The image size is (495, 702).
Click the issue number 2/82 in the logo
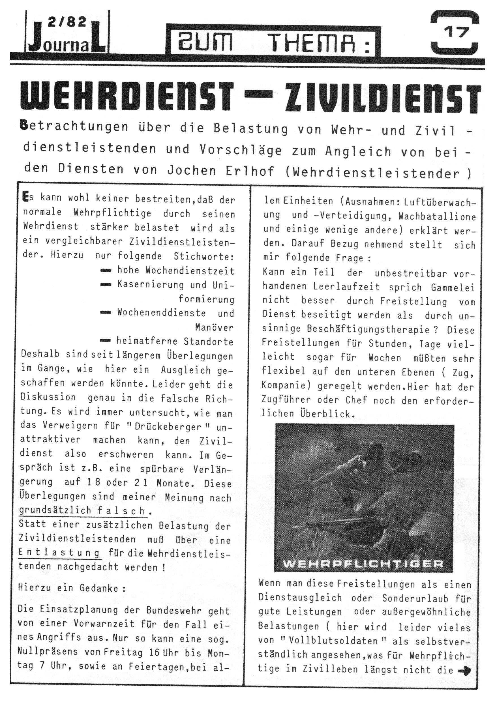click(x=67, y=22)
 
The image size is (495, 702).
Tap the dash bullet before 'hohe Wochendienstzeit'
click(x=106, y=271)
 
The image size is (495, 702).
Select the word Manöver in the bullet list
click(x=214, y=327)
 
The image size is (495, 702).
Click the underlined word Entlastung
click(x=59, y=553)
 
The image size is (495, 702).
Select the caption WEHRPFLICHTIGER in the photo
click(x=363, y=563)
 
